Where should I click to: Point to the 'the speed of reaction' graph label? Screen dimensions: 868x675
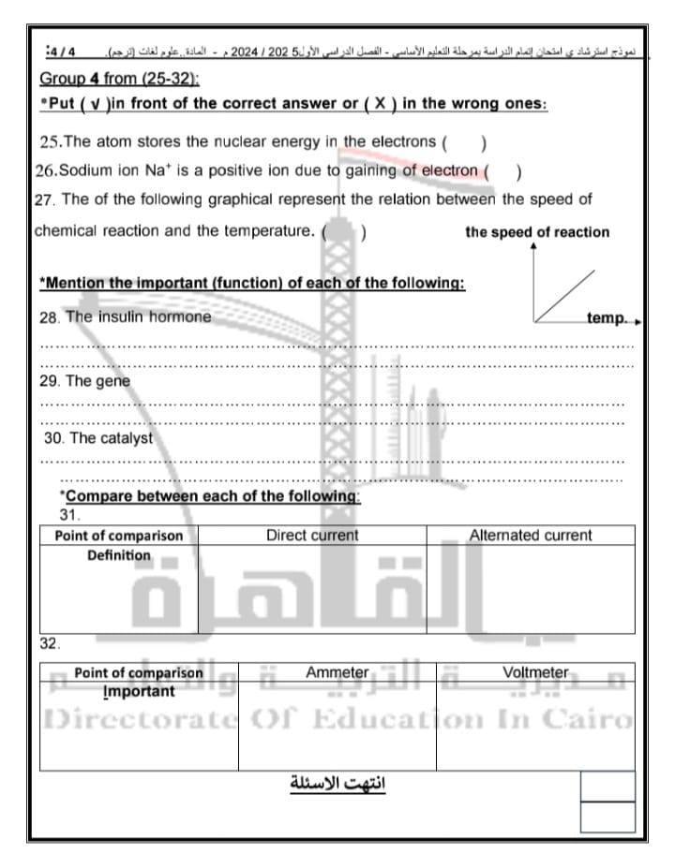(536, 232)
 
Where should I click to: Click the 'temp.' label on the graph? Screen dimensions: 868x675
(607, 318)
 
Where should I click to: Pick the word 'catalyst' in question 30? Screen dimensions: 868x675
(124, 437)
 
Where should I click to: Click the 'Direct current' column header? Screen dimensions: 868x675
(312, 536)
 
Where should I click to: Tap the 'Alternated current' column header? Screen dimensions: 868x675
(530, 536)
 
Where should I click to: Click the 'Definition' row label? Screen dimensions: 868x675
(119, 555)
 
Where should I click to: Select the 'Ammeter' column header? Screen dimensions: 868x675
(337, 672)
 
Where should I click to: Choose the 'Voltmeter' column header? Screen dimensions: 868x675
(535, 672)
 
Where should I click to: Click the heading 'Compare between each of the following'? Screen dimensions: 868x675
(209, 496)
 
